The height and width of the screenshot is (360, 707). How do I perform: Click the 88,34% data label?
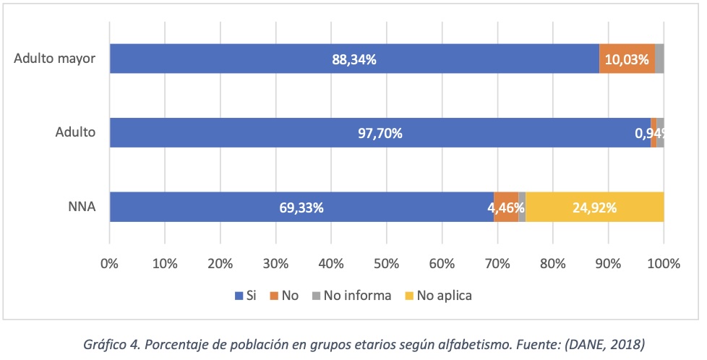click(353, 59)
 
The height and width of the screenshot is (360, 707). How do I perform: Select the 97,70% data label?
click(380, 133)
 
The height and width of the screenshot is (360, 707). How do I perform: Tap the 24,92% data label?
click(594, 207)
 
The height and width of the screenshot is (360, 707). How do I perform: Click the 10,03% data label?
click(626, 59)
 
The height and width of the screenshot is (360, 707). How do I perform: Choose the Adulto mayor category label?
click(55, 59)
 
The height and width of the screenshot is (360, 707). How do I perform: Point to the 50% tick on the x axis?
click(386, 264)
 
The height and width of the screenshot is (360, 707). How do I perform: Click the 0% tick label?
click(109, 264)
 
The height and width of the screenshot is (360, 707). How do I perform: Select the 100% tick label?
click(664, 264)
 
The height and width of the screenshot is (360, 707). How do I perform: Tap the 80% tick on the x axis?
click(552, 264)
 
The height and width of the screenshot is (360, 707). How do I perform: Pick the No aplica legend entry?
click(442, 295)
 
